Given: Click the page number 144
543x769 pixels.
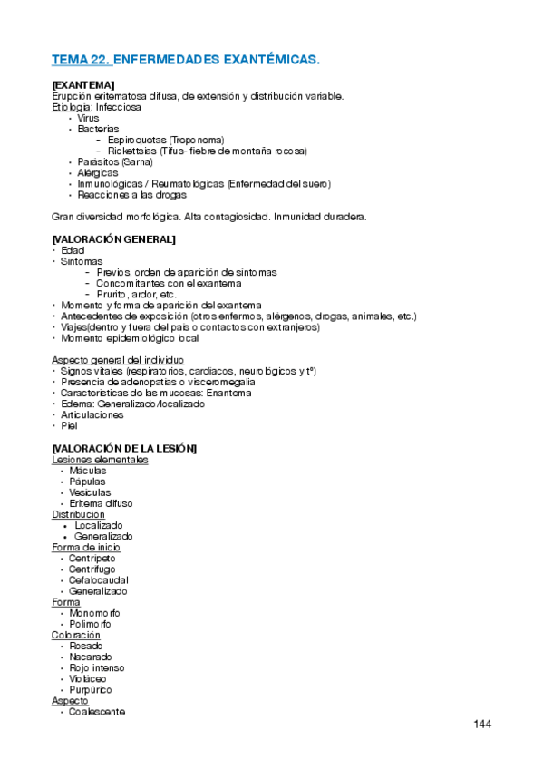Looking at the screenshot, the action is [481, 724].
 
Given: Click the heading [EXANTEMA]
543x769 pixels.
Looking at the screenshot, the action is [83, 85].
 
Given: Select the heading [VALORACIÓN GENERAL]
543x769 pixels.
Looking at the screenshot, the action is [114, 239].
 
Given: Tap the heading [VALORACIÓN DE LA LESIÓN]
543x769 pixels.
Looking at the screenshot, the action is [124, 449].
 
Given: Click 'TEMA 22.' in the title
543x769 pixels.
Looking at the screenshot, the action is [82, 60].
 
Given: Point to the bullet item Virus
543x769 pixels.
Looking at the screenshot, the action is [88, 118].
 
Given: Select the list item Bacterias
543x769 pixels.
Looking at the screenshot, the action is [98, 130].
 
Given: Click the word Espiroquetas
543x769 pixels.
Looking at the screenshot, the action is [137, 141].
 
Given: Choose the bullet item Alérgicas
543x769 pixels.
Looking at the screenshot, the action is [97, 173].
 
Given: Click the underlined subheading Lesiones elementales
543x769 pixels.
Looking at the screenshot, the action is [100, 460].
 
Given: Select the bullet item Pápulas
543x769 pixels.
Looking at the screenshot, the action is [87, 482].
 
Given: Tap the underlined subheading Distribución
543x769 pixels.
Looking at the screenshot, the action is [78, 514].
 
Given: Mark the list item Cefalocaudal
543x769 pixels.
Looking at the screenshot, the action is [98, 580].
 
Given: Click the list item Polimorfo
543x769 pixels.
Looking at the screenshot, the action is [90, 624].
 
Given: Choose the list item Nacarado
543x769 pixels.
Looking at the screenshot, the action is [90, 657].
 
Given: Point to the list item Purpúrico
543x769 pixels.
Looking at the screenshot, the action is [90, 690].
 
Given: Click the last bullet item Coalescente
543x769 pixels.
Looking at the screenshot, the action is [96, 712].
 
